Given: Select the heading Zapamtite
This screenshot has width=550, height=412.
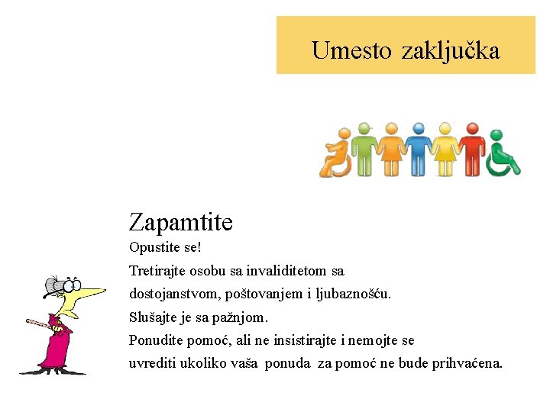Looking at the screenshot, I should pyautogui.click(x=181, y=223).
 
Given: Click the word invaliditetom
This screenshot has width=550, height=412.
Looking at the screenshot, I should pyautogui.click(x=288, y=271).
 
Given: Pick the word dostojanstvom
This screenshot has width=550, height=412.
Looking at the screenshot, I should pyautogui.click(x=173, y=294).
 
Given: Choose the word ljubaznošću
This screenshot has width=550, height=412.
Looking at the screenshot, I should pyautogui.click(x=353, y=294).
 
